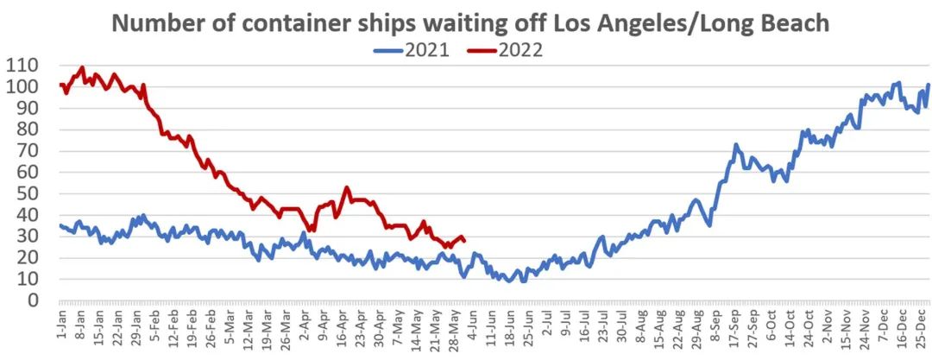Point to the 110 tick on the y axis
24,66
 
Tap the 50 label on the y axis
29,193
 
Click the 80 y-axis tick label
29,129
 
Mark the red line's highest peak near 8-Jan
82,67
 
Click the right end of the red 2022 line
465,240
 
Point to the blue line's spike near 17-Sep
735,145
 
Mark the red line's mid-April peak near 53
347,187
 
